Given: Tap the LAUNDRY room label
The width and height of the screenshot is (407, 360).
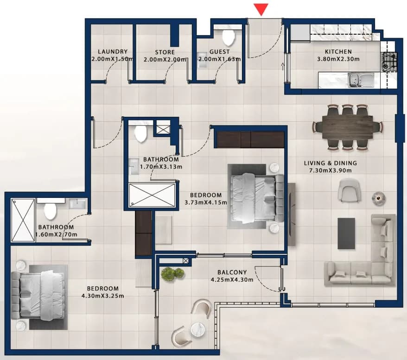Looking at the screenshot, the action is click(113, 52).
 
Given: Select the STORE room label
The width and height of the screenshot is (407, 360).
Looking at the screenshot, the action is click(165, 52).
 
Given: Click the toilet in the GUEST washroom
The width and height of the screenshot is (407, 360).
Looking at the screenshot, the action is click(229, 37).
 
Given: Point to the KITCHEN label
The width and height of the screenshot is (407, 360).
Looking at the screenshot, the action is click(338, 52).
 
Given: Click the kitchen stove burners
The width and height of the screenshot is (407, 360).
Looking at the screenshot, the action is click(389, 62).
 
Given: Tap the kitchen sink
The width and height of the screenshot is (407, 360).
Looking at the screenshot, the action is click(361, 80).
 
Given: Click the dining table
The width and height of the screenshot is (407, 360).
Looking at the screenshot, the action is click(348, 127).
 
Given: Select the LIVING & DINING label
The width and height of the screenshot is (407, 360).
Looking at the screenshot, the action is click(331, 163).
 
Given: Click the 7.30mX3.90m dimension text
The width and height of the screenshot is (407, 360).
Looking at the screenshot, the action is click(331, 171).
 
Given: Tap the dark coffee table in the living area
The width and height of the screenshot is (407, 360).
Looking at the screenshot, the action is click(346, 234).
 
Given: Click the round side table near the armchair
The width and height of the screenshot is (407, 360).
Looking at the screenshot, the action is click(378, 198).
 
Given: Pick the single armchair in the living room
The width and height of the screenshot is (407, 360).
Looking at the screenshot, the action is click(350, 189).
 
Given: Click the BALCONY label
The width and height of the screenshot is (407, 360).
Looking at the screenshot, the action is click(232, 272).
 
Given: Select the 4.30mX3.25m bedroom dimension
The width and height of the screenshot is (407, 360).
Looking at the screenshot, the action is click(103, 296).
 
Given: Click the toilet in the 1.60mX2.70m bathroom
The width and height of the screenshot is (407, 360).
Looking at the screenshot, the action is click(50, 211).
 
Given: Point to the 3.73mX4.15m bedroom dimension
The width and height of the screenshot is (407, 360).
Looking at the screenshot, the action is click(206, 202).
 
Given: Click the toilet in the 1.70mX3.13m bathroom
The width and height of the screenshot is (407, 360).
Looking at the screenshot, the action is click(140, 133).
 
